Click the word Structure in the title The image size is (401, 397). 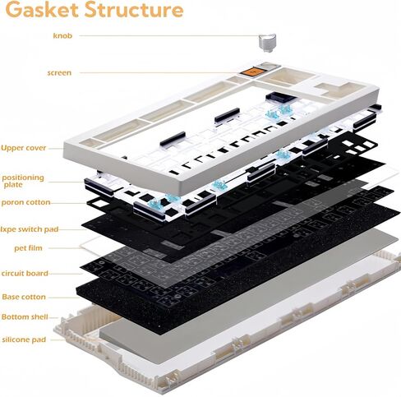point(134,9)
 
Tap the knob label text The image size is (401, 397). point(62,35)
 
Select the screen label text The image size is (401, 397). point(59,73)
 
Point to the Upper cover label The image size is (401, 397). point(24,148)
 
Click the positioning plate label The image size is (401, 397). point(23,181)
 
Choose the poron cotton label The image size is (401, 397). point(25,202)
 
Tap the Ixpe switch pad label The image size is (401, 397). point(30,229)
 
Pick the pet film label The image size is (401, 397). point(28,248)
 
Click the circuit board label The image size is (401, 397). point(25,274)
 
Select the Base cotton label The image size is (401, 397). point(24,297)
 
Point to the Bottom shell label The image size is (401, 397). point(25,317)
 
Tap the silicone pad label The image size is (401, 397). point(24,339)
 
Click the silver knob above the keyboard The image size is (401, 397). point(267,43)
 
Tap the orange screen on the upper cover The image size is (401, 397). point(251,72)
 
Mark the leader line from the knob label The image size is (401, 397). point(169,35)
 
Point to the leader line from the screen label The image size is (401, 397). point(159,73)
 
